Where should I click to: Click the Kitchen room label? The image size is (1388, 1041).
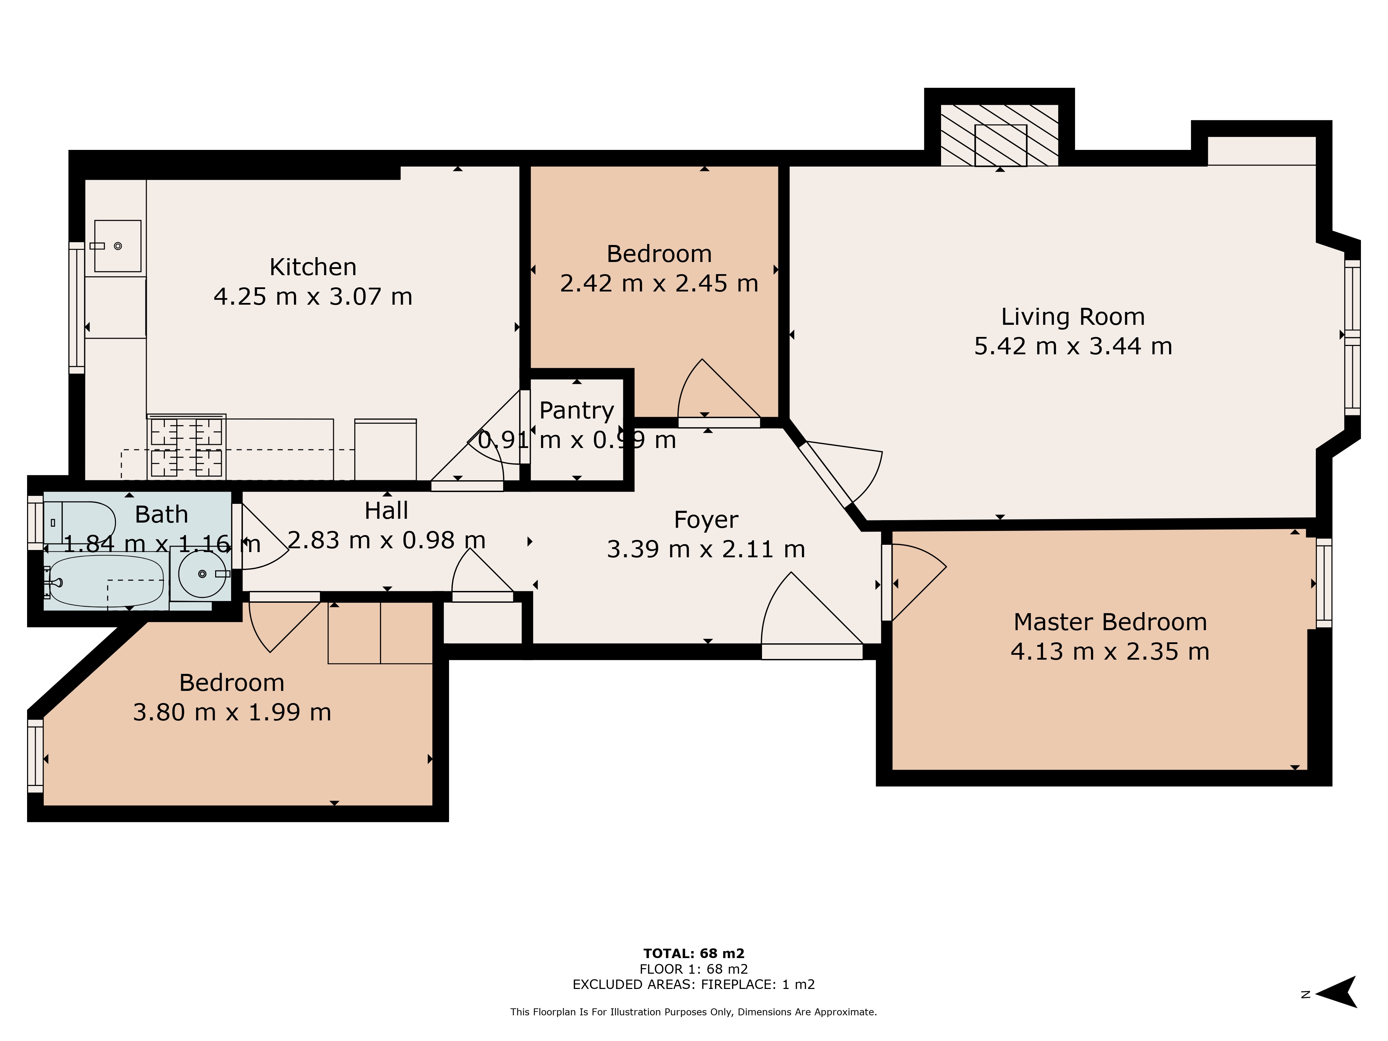[313, 267]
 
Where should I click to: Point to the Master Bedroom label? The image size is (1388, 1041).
[1110, 622]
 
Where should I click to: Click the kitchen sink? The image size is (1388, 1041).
[117, 246]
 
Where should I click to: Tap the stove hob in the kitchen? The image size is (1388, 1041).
[186, 447]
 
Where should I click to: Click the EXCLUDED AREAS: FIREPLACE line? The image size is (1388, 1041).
[693, 984]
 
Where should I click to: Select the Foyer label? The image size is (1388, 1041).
[706, 519]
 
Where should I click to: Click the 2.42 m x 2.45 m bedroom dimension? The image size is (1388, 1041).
[659, 283]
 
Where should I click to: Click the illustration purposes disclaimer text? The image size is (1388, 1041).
[693, 1012]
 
